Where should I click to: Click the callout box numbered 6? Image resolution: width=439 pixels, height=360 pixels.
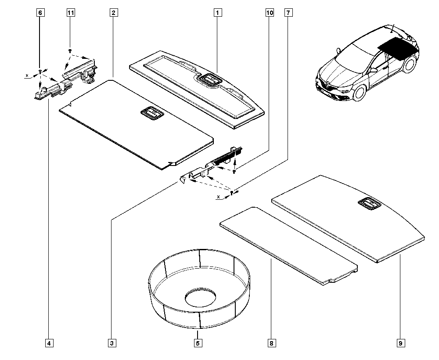[x=40, y=13]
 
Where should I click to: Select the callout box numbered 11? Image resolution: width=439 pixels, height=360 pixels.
[x=70, y=13]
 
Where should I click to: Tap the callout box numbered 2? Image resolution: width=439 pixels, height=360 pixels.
[x=113, y=13]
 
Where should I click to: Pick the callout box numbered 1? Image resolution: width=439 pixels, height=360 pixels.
[x=217, y=13]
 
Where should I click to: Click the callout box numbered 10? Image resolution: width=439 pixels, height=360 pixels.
[x=269, y=13]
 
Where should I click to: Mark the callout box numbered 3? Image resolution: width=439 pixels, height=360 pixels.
[x=112, y=343]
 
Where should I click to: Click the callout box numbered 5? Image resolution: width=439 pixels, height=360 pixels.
[x=198, y=343]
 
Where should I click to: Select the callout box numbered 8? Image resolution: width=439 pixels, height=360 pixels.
[x=272, y=343]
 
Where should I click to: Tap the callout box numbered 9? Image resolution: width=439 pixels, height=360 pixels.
[x=400, y=343]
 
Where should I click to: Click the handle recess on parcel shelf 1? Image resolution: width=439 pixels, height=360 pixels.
[x=209, y=80]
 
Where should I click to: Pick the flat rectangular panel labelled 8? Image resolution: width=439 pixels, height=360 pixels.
[x=288, y=246]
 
